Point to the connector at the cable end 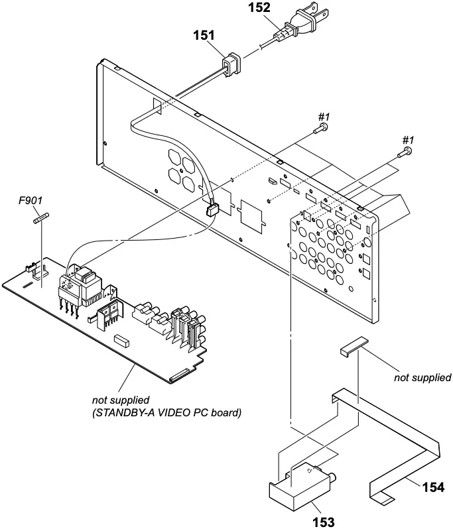pos(212,211)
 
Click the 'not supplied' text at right pos(422,378)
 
